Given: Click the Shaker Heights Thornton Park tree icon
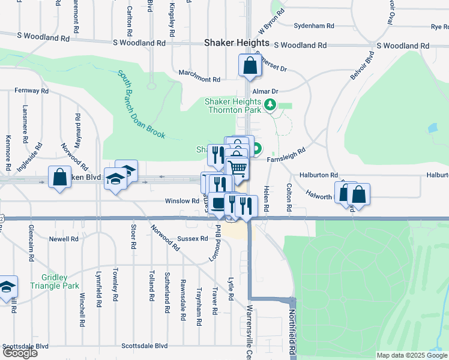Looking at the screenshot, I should pyautogui.click(x=271, y=106).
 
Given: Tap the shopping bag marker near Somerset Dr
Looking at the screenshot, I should pyautogui.click(x=249, y=66).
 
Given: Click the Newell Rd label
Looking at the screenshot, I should pyautogui.click(x=64, y=239).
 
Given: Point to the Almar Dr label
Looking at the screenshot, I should pyautogui.click(x=265, y=91).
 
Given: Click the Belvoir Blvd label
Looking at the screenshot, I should pyautogui.click(x=362, y=68).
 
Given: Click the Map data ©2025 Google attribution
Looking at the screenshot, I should pyautogui.click(x=412, y=355).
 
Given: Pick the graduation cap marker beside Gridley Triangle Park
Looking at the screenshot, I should pyautogui.click(x=7, y=288).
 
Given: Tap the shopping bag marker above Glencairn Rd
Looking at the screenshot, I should pyautogui.click(x=59, y=178).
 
